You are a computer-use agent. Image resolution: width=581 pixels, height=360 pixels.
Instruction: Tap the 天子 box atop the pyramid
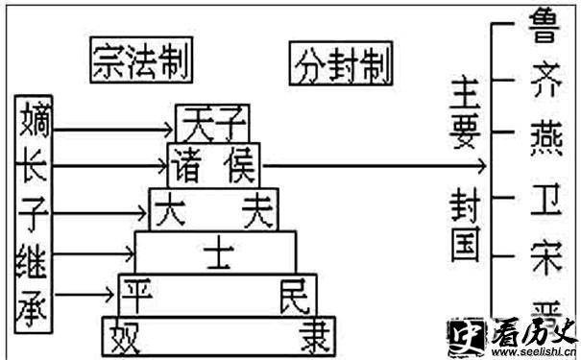(x=212, y=122)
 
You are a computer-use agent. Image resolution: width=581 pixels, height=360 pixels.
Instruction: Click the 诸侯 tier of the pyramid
(x=213, y=165)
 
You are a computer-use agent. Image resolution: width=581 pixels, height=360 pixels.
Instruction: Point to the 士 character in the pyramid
(x=215, y=252)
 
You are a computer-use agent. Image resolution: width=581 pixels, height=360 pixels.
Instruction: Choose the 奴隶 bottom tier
(x=212, y=335)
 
